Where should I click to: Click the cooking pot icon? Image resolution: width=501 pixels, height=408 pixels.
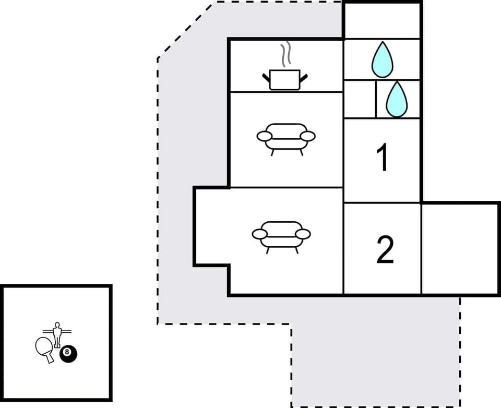click(285, 80)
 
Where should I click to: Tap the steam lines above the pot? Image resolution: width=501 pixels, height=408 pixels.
click(284, 55)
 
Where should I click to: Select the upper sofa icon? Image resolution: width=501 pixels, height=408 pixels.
click(286, 137)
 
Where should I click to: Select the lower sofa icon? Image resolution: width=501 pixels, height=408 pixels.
click(281, 234)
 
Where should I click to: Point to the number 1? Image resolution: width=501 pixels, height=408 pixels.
click(383, 159)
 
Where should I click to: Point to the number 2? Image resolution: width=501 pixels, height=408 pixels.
click(385, 250)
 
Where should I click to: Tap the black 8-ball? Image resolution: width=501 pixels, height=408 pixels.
click(68, 354)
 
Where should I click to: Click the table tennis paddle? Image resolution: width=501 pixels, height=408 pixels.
click(44, 347)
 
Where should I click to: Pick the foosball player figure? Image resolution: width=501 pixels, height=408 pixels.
click(56, 334)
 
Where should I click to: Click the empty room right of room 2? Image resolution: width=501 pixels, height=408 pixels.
click(460, 248)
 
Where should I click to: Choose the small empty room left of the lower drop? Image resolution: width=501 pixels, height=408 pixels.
click(360, 99)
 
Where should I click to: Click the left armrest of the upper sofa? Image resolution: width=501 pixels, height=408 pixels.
click(265, 137)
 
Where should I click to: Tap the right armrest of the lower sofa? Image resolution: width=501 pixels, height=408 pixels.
click(303, 234)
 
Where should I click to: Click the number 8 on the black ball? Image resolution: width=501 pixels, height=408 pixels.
click(67, 352)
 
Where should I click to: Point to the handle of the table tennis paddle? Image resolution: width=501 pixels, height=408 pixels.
click(50, 358)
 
